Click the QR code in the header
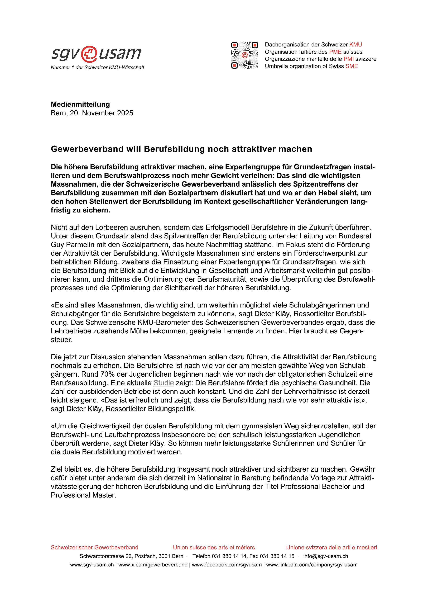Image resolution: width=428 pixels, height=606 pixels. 244,55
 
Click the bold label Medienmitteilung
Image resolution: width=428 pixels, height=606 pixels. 80,104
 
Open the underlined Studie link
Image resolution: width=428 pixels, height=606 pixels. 163,383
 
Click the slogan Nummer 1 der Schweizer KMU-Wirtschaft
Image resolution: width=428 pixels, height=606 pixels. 97,68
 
